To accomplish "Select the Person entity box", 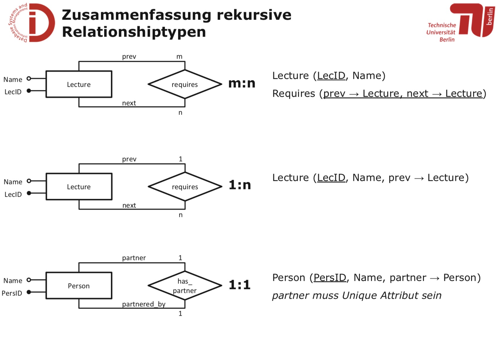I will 79,286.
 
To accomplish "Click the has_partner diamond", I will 185,286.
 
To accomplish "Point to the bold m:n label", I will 242,83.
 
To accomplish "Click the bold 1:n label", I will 240,185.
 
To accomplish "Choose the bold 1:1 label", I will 240,285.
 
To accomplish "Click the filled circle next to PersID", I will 29,292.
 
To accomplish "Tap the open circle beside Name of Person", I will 29,280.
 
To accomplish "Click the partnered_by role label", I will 144,304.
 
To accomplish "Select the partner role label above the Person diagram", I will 134,258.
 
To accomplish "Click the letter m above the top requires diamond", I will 179,57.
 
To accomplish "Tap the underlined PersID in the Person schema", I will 330,278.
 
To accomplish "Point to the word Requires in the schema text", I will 294,94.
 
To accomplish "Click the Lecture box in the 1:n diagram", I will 79,187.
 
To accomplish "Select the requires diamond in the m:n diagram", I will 185,84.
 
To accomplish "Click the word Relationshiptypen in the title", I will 134,32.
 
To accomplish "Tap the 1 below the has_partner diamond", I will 180,313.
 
